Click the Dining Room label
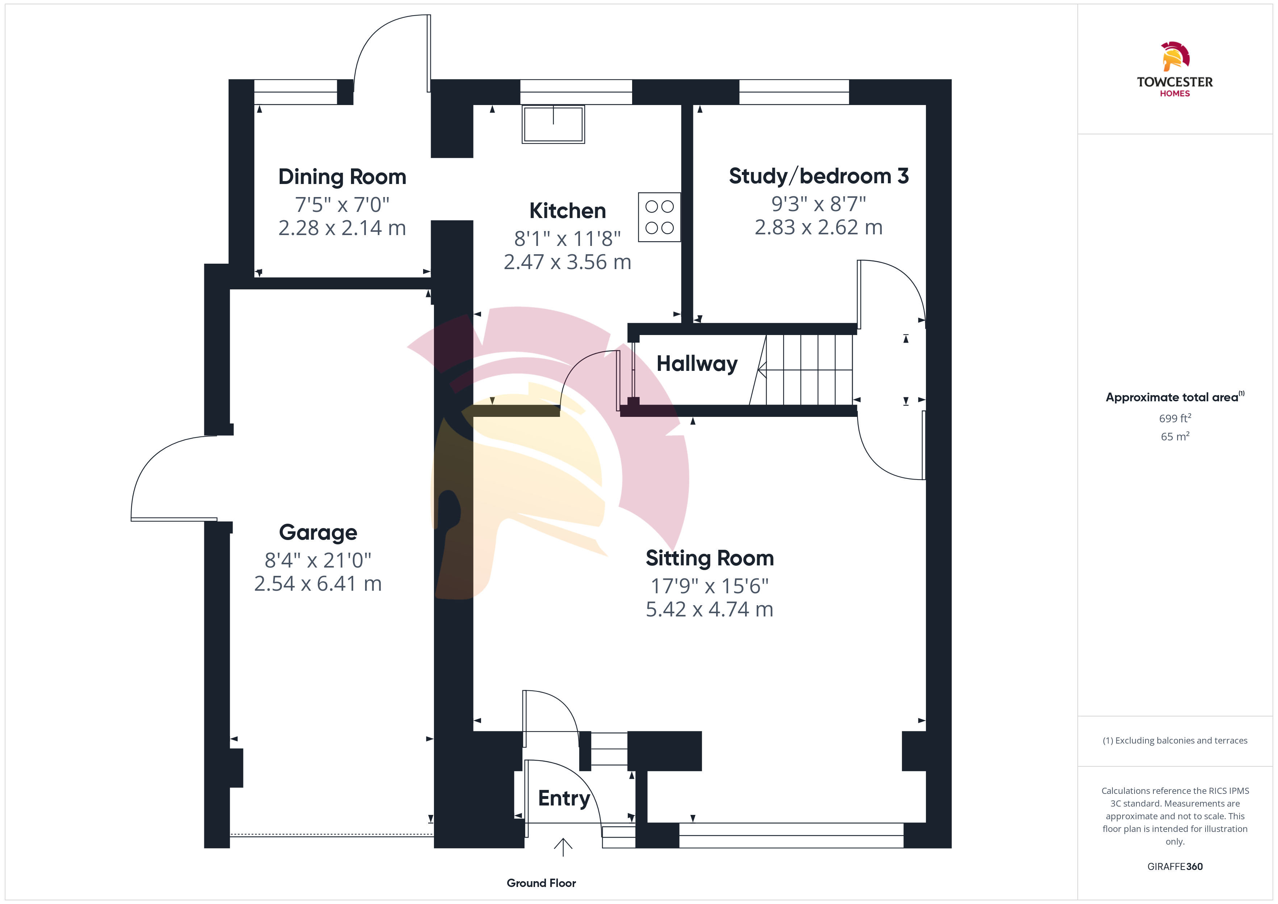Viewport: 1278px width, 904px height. (x=342, y=177)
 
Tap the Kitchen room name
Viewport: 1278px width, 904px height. (x=568, y=211)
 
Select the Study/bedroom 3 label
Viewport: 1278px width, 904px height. (x=819, y=176)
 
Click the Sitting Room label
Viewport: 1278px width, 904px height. (x=710, y=558)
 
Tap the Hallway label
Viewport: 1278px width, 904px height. (x=697, y=364)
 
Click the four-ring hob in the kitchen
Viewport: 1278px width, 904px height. (x=660, y=217)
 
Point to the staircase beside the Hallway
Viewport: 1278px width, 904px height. (x=802, y=370)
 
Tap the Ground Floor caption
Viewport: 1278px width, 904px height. (x=541, y=883)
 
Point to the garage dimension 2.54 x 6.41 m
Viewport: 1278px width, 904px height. (x=318, y=584)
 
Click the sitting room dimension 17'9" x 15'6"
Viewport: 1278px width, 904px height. (x=710, y=586)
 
